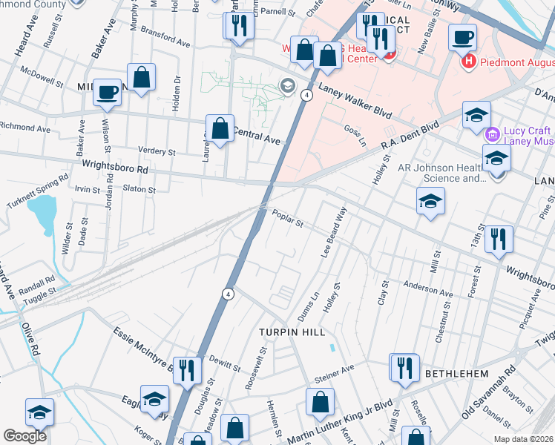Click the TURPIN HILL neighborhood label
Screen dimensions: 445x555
pyautogui.click(x=292, y=333)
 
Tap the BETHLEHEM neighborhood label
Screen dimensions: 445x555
pyautogui.click(x=451, y=372)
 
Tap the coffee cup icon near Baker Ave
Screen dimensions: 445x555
pyautogui.click(x=108, y=91)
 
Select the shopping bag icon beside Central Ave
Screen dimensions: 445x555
pyautogui.click(x=220, y=128)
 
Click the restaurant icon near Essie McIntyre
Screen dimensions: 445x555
pyautogui.click(x=187, y=369)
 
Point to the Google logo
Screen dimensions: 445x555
pyautogui.click(x=24, y=436)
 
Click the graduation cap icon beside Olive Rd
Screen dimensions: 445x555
pyautogui.click(x=39, y=412)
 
